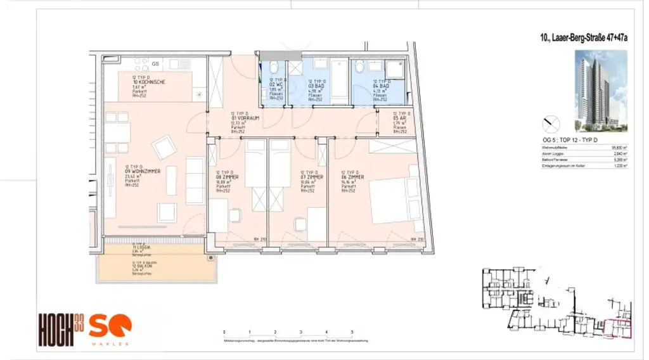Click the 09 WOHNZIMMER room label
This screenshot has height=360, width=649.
pos(143,171)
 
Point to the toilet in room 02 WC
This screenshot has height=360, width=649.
pos(274,67)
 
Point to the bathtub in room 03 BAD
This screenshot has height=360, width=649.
pos(340,80)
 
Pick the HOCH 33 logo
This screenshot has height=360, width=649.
pos(61,330)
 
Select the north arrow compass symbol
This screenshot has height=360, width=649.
pos(550,122)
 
